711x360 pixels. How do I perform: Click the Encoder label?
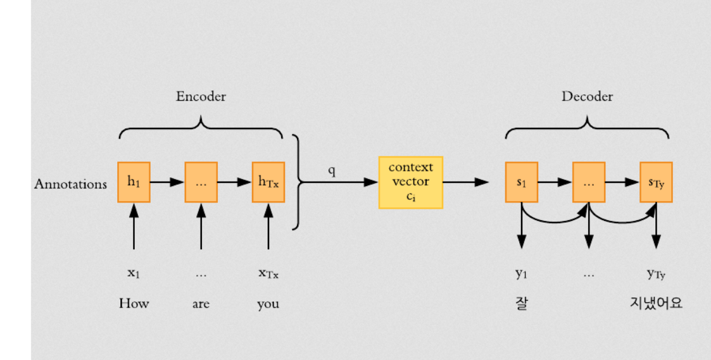[x=201, y=97]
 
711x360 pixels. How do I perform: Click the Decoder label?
[x=587, y=97]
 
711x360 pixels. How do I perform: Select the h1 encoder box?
[x=134, y=182]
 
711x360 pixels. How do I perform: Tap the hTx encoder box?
[x=268, y=182]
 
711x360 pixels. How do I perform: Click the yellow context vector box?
[x=410, y=182]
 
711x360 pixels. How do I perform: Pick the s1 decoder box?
[x=521, y=182]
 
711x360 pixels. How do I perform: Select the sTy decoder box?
[x=656, y=182]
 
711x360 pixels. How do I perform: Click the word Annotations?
[x=70, y=184]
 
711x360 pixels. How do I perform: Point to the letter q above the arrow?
[x=331, y=171]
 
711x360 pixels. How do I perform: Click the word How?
[x=134, y=304]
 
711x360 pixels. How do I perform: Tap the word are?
[x=201, y=304]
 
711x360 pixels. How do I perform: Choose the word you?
[x=268, y=304]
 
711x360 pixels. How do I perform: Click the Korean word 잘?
[x=521, y=304]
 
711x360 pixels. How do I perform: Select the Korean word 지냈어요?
[x=656, y=304]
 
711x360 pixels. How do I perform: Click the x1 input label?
[x=134, y=274]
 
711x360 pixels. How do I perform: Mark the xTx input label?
[x=268, y=274]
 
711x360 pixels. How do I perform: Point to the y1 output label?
[x=521, y=274]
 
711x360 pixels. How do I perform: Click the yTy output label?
[x=656, y=274]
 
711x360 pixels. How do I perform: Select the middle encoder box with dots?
[x=201, y=182]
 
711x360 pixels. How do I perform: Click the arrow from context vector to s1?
[x=465, y=182]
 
